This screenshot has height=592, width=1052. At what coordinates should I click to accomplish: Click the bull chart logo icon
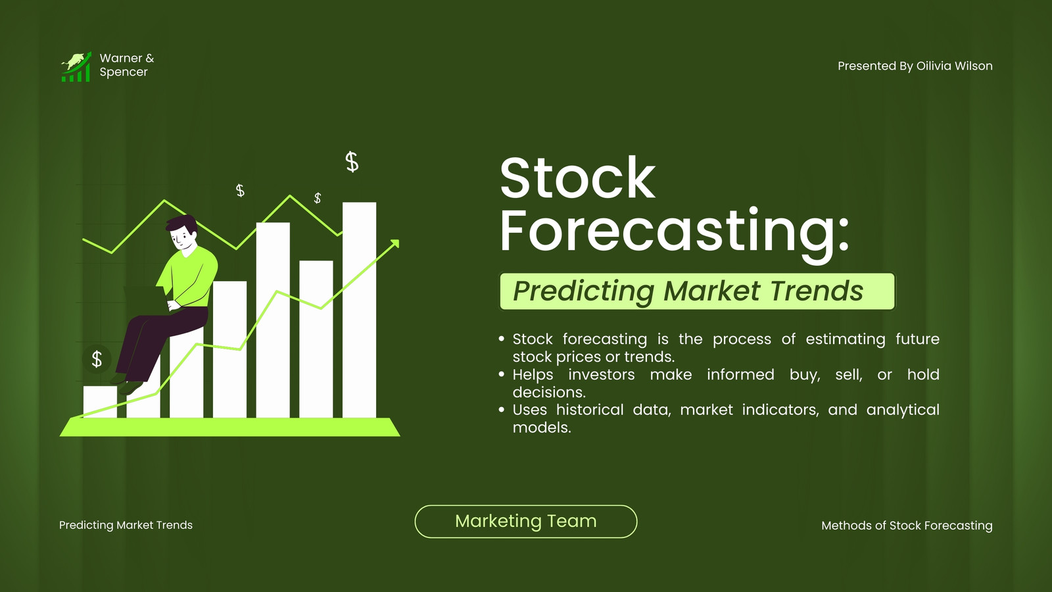(76, 66)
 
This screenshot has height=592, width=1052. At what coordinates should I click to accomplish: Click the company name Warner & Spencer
(127, 65)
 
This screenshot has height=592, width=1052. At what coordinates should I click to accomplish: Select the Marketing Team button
(526, 522)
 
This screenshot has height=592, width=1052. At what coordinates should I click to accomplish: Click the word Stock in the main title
(577, 178)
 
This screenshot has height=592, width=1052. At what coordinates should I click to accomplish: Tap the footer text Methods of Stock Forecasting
(907, 526)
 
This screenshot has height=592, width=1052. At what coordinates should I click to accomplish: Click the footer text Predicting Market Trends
(126, 525)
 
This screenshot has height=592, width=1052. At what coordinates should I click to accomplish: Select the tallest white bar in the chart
(359, 310)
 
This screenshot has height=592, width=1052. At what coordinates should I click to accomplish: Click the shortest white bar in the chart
(100, 402)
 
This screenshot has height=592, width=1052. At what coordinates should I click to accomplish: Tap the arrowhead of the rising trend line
(395, 243)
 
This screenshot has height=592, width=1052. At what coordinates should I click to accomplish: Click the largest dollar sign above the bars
(352, 162)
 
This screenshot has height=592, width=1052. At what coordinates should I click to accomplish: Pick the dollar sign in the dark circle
(97, 359)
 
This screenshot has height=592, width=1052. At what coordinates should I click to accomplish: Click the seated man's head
(182, 233)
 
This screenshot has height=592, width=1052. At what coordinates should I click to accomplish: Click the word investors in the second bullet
(601, 374)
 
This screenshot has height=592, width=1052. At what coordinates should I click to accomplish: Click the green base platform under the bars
(230, 427)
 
